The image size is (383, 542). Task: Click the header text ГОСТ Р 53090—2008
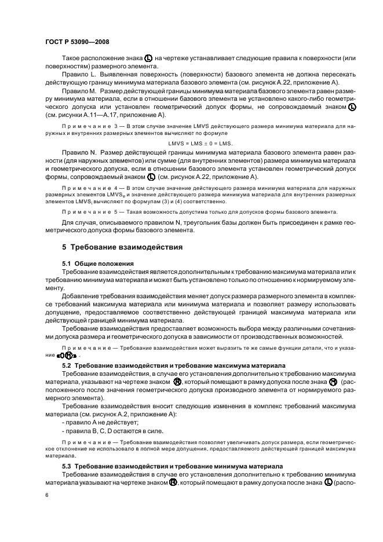(x=77, y=42)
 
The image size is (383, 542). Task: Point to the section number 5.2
(x=68, y=367)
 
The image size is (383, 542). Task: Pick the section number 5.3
(x=68, y=466)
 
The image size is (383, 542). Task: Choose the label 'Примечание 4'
(x=90, y=189)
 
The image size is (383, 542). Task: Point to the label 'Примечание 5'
(x=90, y=212)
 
